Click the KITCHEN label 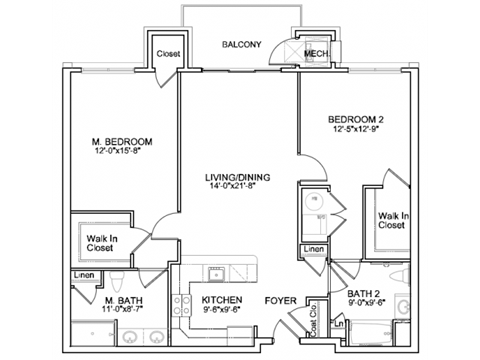[x=220, y=299]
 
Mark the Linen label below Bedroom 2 [x=313, y=249]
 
